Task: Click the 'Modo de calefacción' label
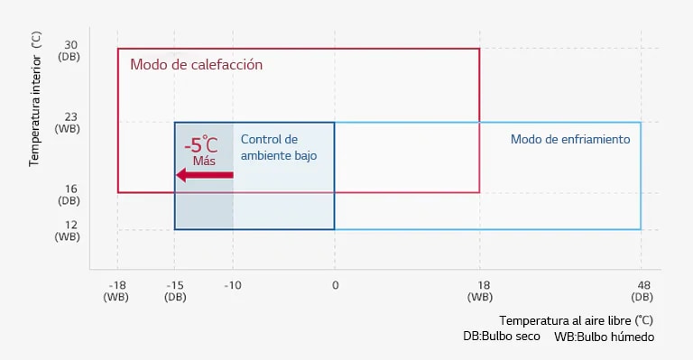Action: point(196,65)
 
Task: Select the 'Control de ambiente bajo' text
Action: point(279,147)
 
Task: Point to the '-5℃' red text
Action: point(200,144)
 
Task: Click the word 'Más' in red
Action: point(204,161)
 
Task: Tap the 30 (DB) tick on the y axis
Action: point(69,51)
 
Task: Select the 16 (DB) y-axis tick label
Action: point(69,195)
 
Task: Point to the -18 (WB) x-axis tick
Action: point(117,291)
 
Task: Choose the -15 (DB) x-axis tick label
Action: point(175,291)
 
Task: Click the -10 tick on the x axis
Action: point(233,285)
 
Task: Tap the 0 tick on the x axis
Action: point(335,285)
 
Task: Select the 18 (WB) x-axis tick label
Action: point(479,291)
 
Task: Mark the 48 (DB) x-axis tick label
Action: point(642,291)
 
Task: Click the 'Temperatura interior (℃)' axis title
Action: point(35,99)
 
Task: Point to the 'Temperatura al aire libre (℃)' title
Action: point(576,320)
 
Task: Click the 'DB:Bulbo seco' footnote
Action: point(502,336)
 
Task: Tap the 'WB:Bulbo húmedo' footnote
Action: point(604,337)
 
